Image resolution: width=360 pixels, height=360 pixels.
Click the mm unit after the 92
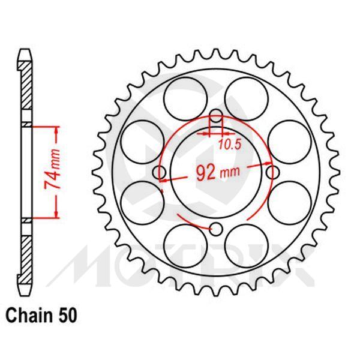[x=230, y=173]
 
